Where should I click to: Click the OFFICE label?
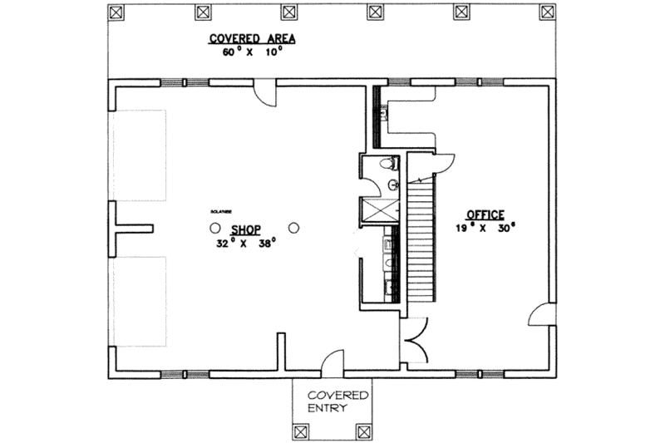click(x=485, y=214)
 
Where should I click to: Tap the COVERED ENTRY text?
click(x=331, y=402)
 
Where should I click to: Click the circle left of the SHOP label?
click(x=214, y=227)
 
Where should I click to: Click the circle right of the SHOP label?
click(x=293, y=227)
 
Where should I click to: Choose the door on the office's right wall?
click(x=539, y=315)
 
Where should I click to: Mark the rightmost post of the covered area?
click(x=546, y=12)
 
